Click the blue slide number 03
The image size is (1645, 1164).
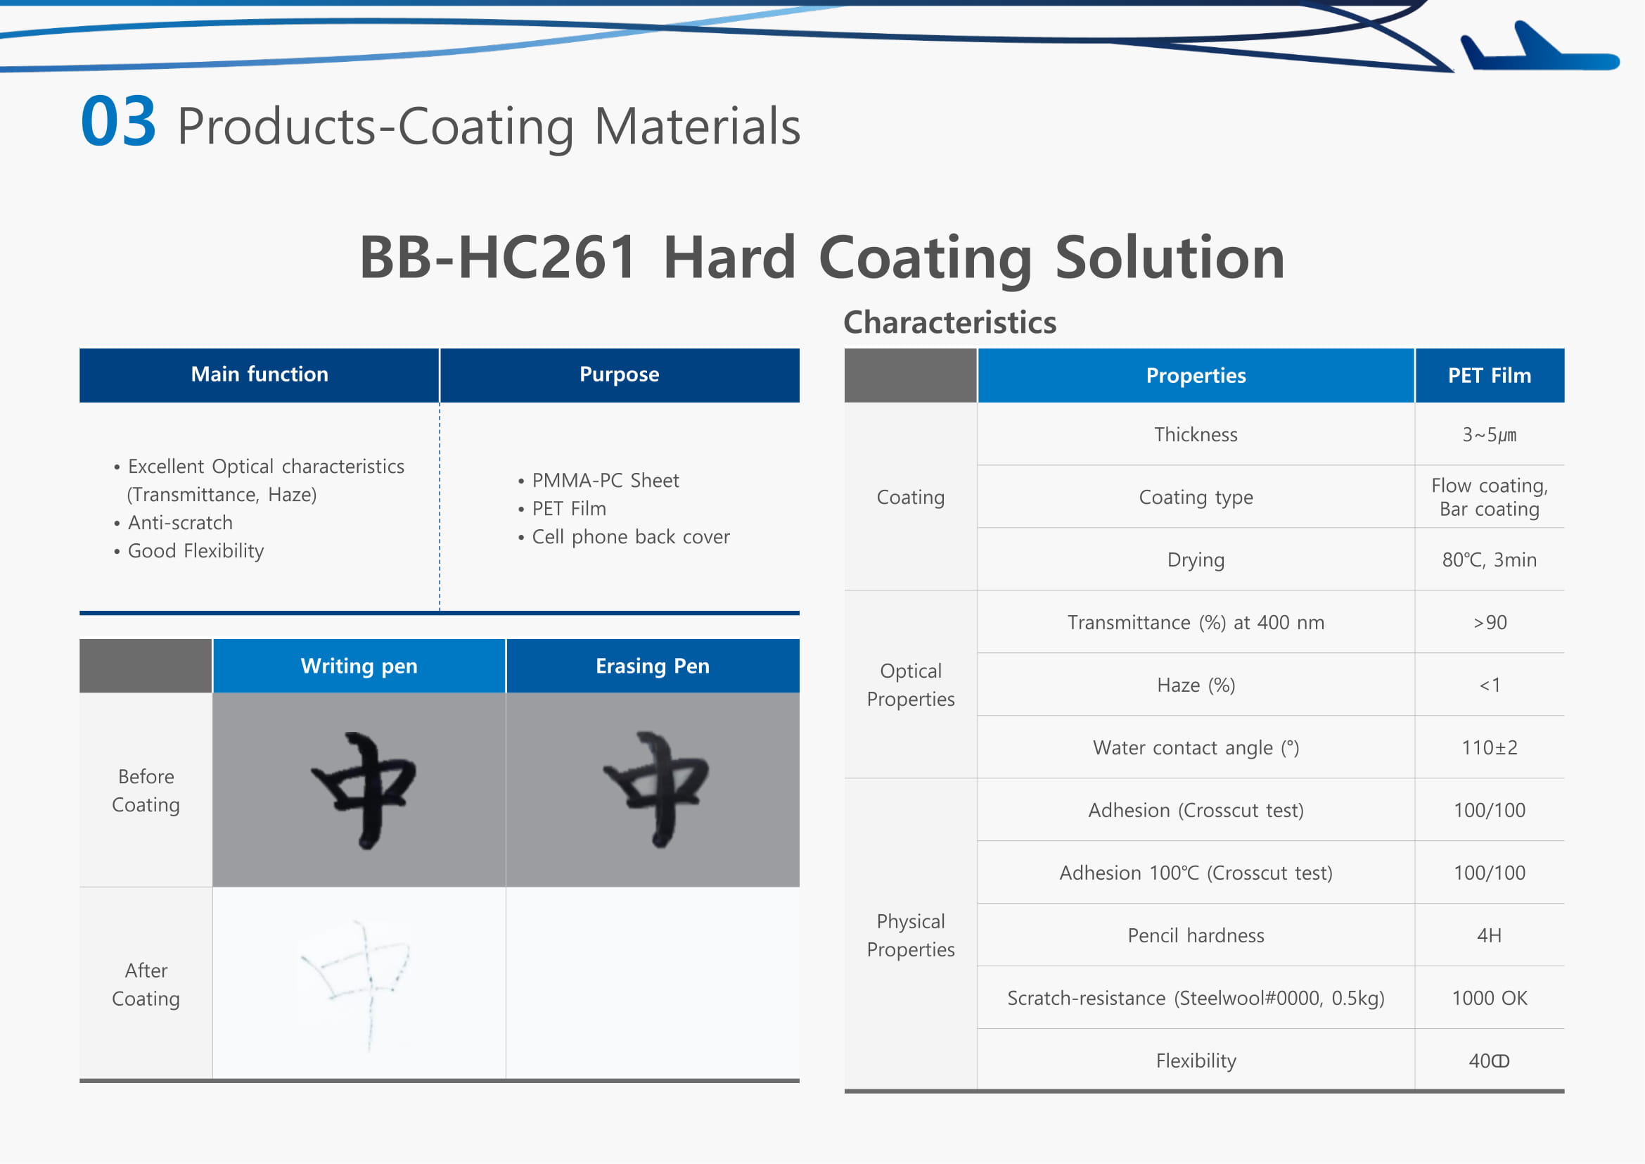tap(118, 122)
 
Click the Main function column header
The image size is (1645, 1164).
tap(260, 375)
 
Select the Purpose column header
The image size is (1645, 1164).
tap(620, 375)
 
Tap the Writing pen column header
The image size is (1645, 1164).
tap(359, 666)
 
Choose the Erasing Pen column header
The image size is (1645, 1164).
tap(653, 666)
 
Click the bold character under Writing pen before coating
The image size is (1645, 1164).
tap(364, 790)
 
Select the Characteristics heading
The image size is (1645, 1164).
tap(950, 322)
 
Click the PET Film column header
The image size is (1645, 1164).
tap(1490, 376)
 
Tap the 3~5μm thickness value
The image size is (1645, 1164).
tap(1490, 435)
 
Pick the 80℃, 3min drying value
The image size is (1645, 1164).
tap(1490, 559)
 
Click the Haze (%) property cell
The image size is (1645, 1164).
tap(1196, 685)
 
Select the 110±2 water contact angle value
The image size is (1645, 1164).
tap(1490, 747)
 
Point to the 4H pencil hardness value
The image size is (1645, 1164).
tap(1490, 935)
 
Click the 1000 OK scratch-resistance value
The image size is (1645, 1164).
tap(1490, 998)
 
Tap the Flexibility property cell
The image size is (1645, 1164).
tap(1196, 1061)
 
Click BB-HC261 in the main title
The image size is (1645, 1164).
tap(498, 258)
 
